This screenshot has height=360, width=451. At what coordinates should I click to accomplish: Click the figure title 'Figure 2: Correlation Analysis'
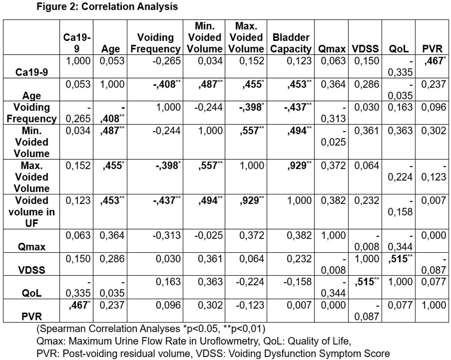tap(107, 6)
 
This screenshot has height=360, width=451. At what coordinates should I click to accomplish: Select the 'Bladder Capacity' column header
tap(291, 43)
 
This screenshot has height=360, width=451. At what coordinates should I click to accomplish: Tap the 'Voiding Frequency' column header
tap(155, 43)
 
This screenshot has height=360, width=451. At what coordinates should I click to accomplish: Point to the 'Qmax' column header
tap(332, 49)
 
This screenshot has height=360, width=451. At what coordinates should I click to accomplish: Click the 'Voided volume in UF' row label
tap(32, 212)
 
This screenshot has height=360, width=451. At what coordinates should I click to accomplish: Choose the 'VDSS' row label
tap(32, 270)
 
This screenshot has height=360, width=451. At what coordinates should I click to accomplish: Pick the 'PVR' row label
tap(32, 317)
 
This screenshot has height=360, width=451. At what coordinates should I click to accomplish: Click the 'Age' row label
tap(32, 96)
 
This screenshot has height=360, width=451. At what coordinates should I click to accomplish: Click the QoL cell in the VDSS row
tap(400, 259)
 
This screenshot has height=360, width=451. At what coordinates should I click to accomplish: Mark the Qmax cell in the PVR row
tap(333, 305)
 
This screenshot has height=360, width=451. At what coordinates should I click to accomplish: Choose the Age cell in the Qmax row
tap(112, 235)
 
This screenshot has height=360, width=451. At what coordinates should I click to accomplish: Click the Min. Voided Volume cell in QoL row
tap(210, 282)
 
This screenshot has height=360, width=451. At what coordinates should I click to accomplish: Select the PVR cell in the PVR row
tap(434, 305)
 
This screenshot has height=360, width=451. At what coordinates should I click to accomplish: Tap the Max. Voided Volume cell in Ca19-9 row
tap(252, 61)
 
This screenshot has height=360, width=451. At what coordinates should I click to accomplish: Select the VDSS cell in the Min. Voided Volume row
tap(367, 131)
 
